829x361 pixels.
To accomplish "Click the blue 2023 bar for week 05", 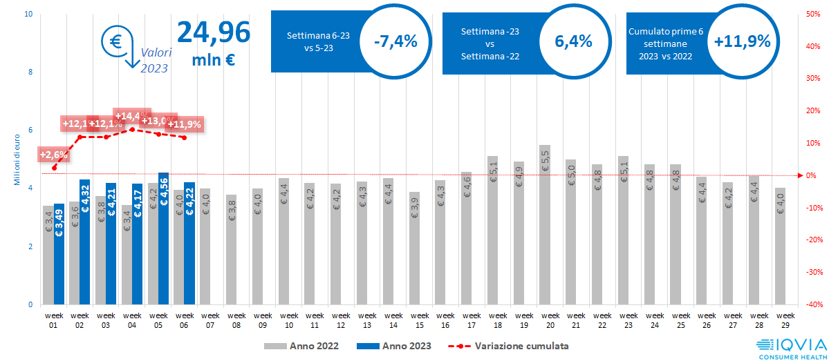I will pyautogui.click(x=163, y=238).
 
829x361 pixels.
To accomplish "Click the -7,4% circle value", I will pyautogui.click(x=395, y=41).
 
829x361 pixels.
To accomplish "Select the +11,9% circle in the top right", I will pyautogui.click(x=742, y=41).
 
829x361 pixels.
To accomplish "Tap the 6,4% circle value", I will pyautogui.click(x=573, y=41).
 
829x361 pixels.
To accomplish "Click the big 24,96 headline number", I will pyautogui.click(x=214, y=32).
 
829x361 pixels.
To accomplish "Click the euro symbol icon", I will pyautogui.click(x=115, y=40).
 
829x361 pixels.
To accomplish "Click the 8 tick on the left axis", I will pyautogui.click(x=30, y=72).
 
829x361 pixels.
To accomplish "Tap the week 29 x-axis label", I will pyautogui.click(x=780, y=319).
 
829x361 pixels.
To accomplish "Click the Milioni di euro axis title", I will pyautogui.click(x=16, y=159).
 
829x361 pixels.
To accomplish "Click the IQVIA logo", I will pyautogui.click(x=789, y=347).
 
